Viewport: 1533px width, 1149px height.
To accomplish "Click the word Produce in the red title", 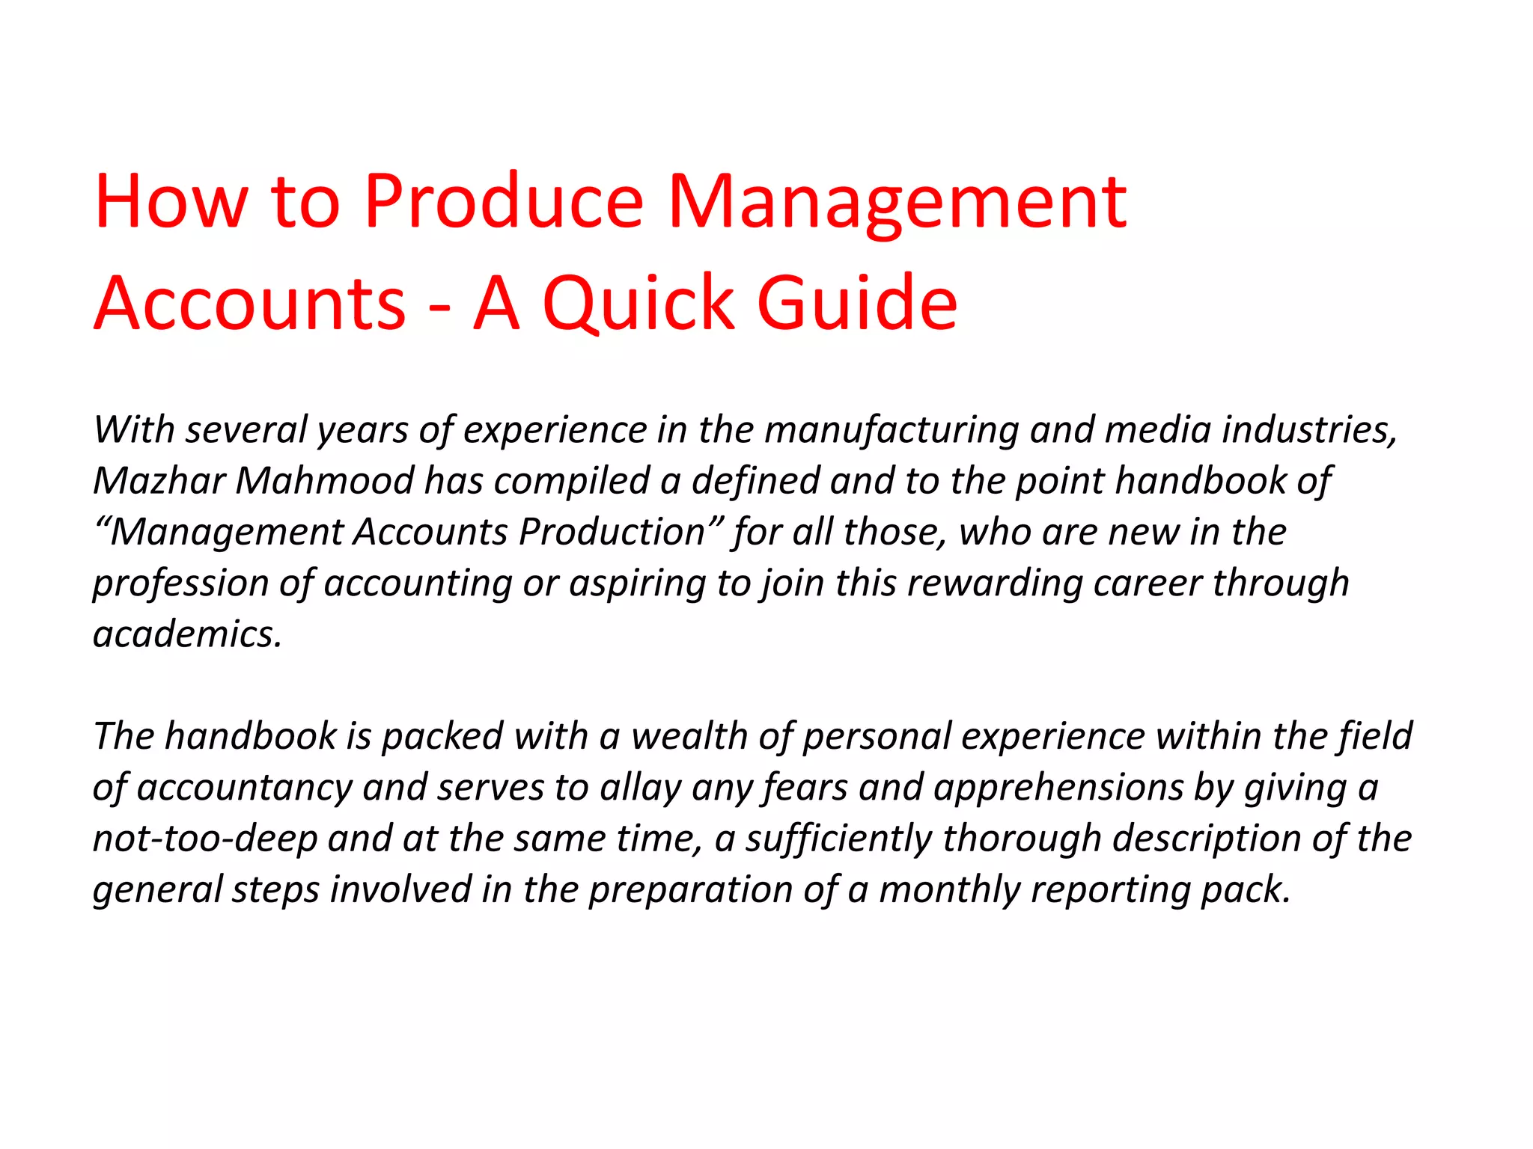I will [503, 202].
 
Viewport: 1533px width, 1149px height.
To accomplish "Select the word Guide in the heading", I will [857, 303].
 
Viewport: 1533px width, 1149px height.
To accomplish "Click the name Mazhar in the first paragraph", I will [159, 480].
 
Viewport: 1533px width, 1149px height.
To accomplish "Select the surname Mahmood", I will [324, 480].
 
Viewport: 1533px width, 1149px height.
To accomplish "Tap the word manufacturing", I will [892, 430].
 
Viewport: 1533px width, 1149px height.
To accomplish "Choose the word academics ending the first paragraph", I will [186, 634].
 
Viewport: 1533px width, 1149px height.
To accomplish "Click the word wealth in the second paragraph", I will [689, 736].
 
